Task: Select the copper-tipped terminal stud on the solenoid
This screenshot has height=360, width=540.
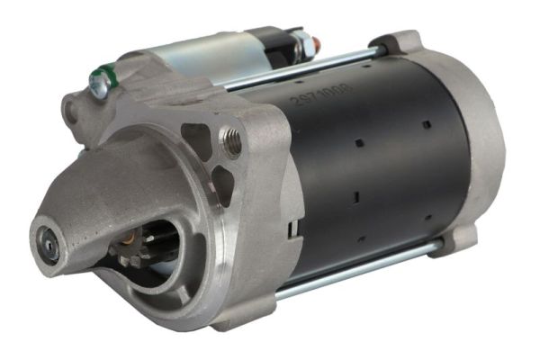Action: (317, 41)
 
